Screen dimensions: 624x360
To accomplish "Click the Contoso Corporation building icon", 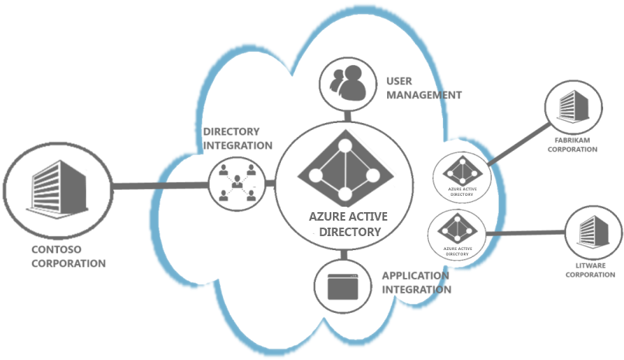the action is pos(58,189).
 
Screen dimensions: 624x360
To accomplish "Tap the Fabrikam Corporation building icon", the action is pos(574,105).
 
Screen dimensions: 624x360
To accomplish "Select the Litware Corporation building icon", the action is pos(594,231).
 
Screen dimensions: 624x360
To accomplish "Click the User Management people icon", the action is pos(348,83).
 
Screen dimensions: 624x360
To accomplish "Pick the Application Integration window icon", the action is pos(343,286).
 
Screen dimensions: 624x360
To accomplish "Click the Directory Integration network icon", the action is pos(237,183).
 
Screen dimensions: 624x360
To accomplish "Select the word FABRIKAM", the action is pos(572,140).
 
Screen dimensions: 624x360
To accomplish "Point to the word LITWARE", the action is pos(591,266).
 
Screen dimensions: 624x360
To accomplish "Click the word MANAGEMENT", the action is pos(424,95).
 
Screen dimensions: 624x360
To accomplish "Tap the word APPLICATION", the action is pos(416,276).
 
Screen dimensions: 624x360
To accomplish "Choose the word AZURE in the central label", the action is pos(324,217).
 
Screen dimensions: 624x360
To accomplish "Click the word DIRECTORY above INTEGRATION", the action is pos(231,132).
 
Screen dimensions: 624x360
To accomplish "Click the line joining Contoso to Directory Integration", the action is pos(161,185).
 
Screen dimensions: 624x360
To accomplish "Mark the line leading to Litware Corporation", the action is pos(526,234).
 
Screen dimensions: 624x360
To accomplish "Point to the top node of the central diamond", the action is pos(345,146).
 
